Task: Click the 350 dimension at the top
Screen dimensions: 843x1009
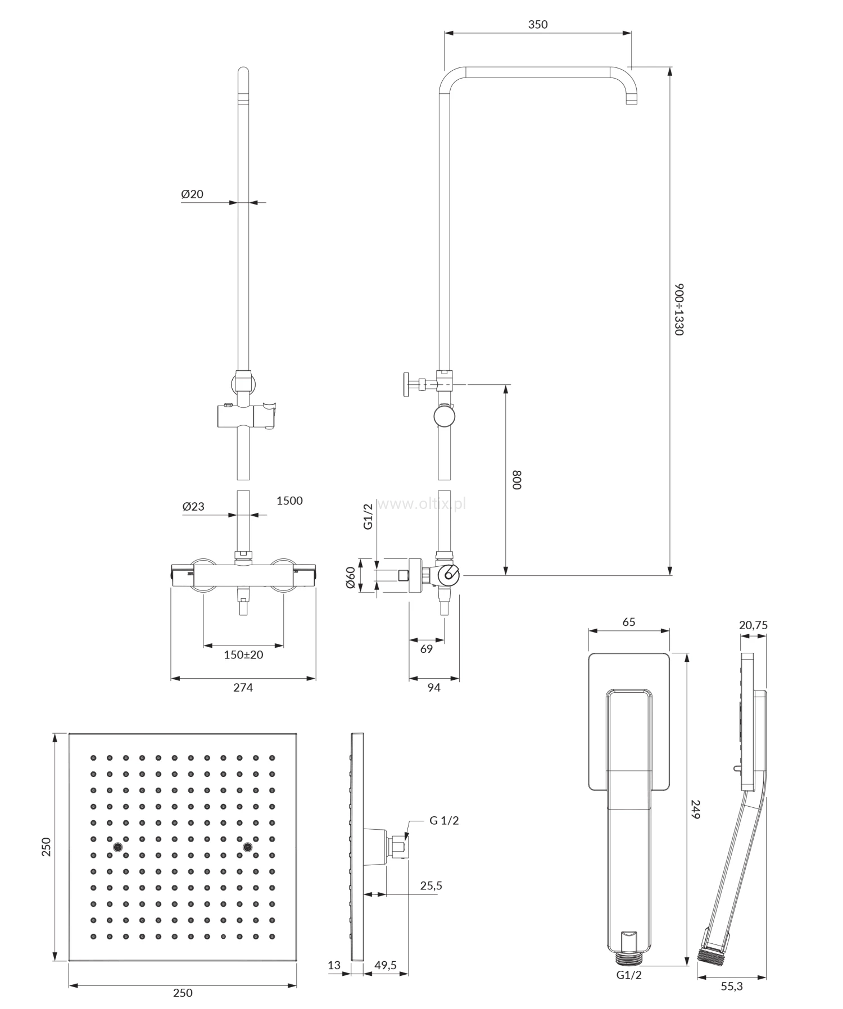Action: [538, 24]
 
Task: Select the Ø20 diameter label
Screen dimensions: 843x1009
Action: [192, 194]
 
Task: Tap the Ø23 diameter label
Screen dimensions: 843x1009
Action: [193, 506]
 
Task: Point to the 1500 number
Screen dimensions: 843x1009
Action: [289, 501]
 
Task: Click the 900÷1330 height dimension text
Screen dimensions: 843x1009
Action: [679, 310]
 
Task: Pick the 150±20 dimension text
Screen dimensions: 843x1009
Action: [243, 655]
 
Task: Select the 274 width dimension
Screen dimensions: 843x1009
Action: [243, 687]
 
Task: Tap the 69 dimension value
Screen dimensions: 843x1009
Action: [427, 649]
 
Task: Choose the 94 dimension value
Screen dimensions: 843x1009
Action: [434, 687]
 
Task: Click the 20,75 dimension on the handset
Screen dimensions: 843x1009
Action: [754, 625]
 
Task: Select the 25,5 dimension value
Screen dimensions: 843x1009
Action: [431, 886]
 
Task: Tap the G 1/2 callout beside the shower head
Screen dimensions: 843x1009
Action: [444, 820]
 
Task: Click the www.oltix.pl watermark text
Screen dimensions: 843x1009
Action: [422, 504]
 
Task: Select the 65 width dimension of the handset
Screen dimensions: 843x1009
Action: [629, 622]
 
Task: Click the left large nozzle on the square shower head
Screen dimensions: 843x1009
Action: [118, 847]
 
